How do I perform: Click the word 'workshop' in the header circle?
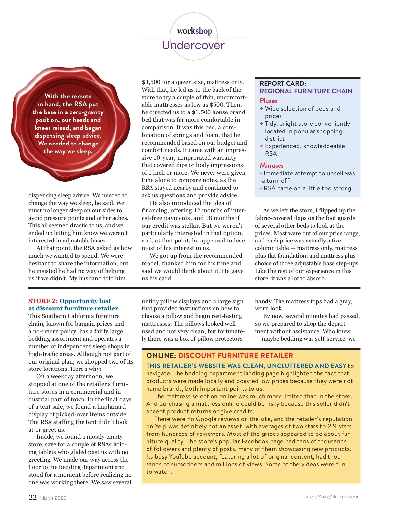click(x=194, y=31)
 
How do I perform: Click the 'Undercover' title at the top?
click(x=193, y=45)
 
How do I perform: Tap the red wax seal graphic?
click(x=71, y=124)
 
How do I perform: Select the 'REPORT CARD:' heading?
click(x=283, y=83)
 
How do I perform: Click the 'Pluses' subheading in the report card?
click(x=269, y=101)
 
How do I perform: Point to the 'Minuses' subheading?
click(x=272, y=165)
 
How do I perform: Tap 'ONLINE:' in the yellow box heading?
click(x=161, y=356)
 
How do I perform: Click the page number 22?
click(x=33, y=497)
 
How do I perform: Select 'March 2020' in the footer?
click(x=53, y=498)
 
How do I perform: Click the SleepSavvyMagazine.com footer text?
click(x=333, y=497)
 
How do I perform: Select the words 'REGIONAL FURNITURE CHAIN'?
click(x=306, y=91)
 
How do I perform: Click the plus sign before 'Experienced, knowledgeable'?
click(x=261, y=146)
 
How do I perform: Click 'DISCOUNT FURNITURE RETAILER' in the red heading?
click(x=236, y=356)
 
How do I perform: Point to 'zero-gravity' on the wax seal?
click(x=86, y=112)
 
